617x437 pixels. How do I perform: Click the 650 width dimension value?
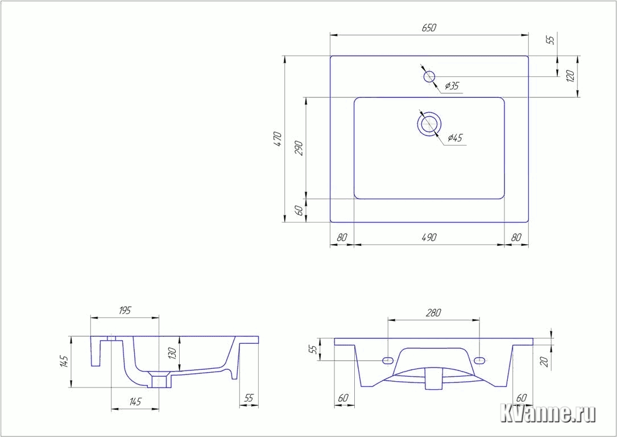(429, 28)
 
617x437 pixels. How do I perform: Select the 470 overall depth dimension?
(278, 139)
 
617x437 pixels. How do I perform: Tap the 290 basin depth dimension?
(300, 148)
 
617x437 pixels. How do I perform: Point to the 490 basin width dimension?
(429, 237)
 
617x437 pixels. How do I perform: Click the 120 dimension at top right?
(571, 76)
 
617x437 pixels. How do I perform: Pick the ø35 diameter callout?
(452, 86)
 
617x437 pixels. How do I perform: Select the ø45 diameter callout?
(455, 138)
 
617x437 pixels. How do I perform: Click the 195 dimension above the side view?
(125, 311)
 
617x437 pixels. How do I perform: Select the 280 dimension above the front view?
(433, 312)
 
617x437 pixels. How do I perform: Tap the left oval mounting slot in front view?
(388, 360)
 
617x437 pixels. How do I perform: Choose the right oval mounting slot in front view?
(480, 360)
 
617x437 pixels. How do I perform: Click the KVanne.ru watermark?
(548, 413)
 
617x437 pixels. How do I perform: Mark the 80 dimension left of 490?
(342, 237)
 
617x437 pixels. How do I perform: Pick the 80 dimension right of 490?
(516, 237)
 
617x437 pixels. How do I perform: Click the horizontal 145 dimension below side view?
(135, 402)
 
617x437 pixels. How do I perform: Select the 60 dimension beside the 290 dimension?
(300, 211)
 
